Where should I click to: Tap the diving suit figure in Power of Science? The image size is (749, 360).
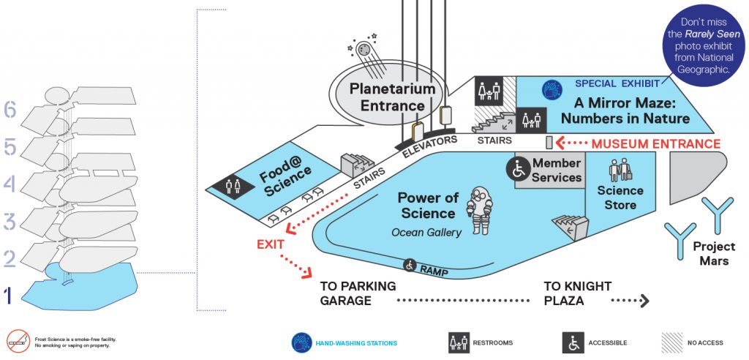tap(480, 210)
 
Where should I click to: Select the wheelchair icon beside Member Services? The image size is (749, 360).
tap(519, 169)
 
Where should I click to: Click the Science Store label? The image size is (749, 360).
tap(620, 198)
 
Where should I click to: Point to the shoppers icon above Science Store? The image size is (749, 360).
tap(620, 169)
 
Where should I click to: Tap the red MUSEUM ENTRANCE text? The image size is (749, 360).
tap(655, 143)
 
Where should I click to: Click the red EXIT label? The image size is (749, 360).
tap(271, 244)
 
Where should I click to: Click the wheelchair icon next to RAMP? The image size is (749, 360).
tap(410, 264)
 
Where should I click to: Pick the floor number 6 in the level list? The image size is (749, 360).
tap(10, 110)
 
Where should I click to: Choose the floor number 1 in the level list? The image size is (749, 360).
tap(8, 296)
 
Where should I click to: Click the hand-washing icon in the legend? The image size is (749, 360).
tap(302, 342)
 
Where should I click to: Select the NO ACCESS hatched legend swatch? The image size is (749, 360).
tap(671, 342)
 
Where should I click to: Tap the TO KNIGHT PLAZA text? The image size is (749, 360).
tap(577, 293)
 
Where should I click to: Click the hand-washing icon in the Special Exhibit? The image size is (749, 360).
tap(552, 90)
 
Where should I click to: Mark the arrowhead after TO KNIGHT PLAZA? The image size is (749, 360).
tap(644, 300)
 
